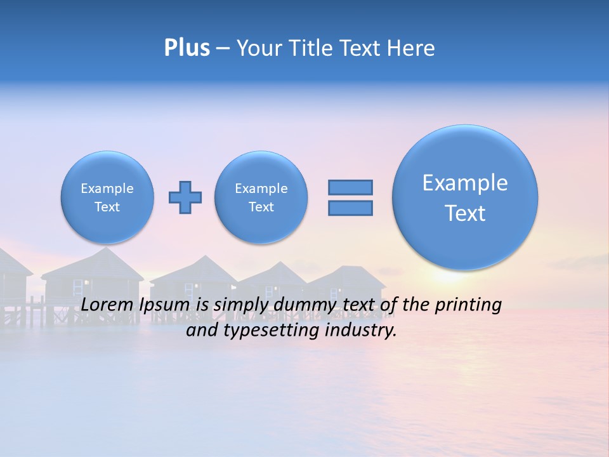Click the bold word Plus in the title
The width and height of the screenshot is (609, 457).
point(187,48)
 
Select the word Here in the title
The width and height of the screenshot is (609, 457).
point(410,48)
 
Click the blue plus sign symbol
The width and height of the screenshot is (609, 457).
point(185,197)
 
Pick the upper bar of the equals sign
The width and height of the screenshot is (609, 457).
point(350,187)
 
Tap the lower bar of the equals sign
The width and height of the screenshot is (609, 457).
point(350,208)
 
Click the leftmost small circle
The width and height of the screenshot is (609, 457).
point(107,197)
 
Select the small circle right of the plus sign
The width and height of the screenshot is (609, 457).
point(261,197)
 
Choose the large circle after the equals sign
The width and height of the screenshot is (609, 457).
point(465,197)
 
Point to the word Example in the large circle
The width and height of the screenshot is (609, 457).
point(465,183)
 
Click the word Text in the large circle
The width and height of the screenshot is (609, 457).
point(465,213)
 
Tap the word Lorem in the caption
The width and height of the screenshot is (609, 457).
point(105,305)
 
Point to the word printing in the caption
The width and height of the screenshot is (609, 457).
point(468,305)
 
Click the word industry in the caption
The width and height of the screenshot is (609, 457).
point(363,331)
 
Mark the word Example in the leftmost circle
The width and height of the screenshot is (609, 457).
point(107,189)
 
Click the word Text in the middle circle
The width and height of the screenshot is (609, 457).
point(261,207)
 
